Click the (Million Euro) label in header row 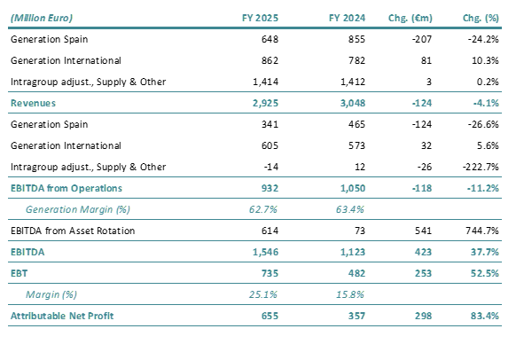[43, 18]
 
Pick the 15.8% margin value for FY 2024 [341, 293]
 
